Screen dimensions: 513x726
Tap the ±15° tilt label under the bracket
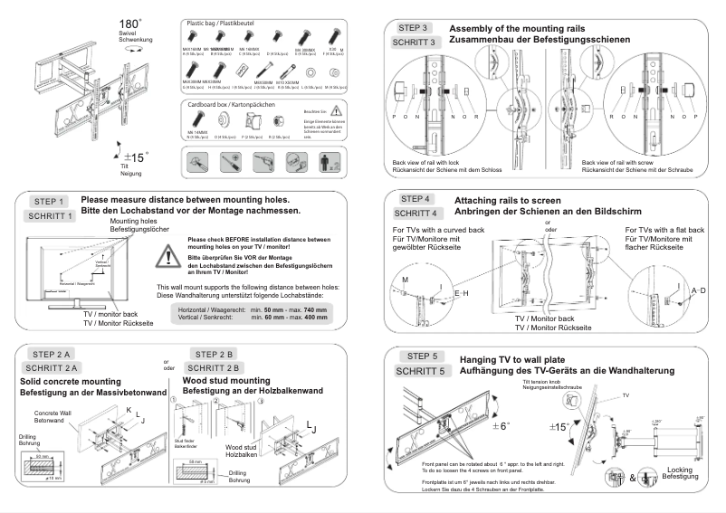[x=134, y=157]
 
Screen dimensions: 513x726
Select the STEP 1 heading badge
[x=50, y=201]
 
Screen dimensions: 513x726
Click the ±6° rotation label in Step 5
[x=502, y=426]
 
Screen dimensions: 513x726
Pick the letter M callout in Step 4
[x=406, y=281]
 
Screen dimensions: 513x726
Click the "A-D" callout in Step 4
[x=698, y=289]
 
